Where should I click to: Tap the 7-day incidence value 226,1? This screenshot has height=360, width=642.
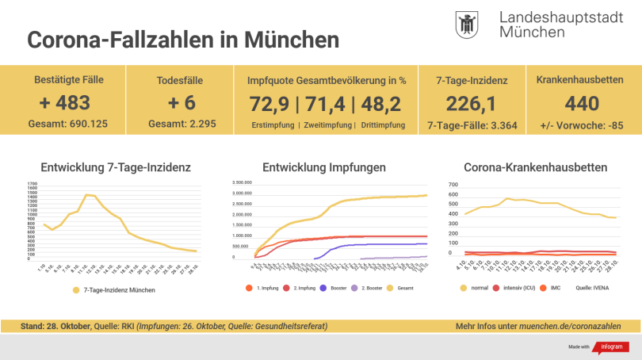click(472, 103)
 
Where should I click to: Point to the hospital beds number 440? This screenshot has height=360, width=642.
click(580, 103)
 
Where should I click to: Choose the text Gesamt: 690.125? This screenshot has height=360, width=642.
click(69, 124)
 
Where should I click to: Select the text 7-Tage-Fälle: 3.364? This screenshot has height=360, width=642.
click(472, 124)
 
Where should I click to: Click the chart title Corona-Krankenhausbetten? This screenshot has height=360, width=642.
click(535, 167)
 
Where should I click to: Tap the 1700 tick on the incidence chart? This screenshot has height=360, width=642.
click(32, 183)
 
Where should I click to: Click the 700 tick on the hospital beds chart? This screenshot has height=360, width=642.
click(455, 184)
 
